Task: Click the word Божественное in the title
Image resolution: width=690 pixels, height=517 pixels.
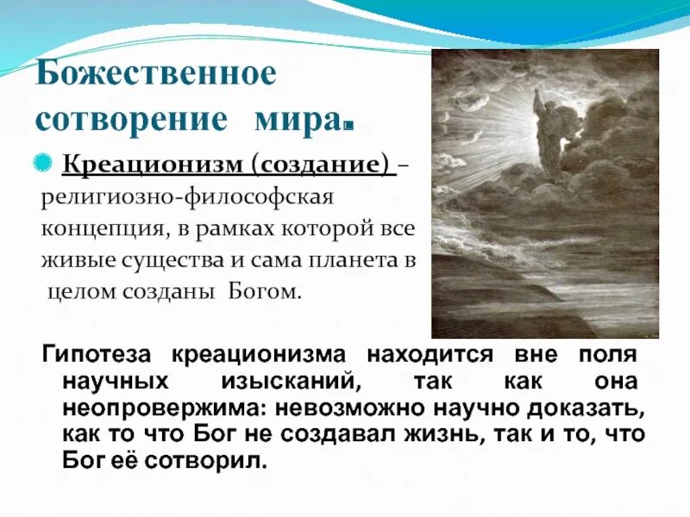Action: pos(155,74)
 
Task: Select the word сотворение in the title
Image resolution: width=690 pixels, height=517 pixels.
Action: pos(131,120)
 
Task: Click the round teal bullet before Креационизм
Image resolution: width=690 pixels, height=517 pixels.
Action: pos(51,162)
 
